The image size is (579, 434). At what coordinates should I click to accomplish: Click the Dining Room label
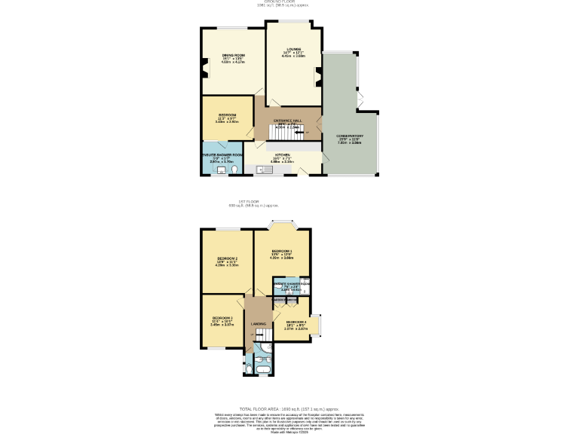point(233,55)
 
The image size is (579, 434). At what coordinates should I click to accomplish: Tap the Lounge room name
point(293,48)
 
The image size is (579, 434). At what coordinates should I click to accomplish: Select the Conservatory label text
point(350,136)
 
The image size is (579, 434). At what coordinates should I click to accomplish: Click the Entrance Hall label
point(287,121)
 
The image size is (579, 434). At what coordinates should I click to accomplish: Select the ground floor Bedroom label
point(227,115)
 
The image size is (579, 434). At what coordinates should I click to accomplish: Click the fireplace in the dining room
point(204,72)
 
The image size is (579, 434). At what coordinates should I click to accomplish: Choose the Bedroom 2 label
point(226,258)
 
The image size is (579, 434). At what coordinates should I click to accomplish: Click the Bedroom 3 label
point(222,318)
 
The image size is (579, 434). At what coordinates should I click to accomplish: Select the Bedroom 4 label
point(296,322)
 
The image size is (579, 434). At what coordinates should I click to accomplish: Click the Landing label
point(258,324)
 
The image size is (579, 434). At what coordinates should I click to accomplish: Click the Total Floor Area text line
point(289,408)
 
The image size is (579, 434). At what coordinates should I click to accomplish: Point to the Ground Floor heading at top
point(289,2)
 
